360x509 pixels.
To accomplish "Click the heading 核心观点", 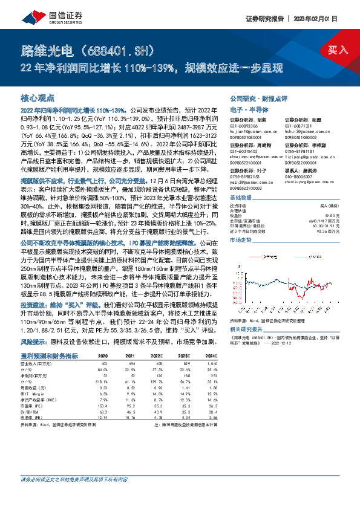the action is (38, 97).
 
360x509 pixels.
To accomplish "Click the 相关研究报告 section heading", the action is (245, 329).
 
